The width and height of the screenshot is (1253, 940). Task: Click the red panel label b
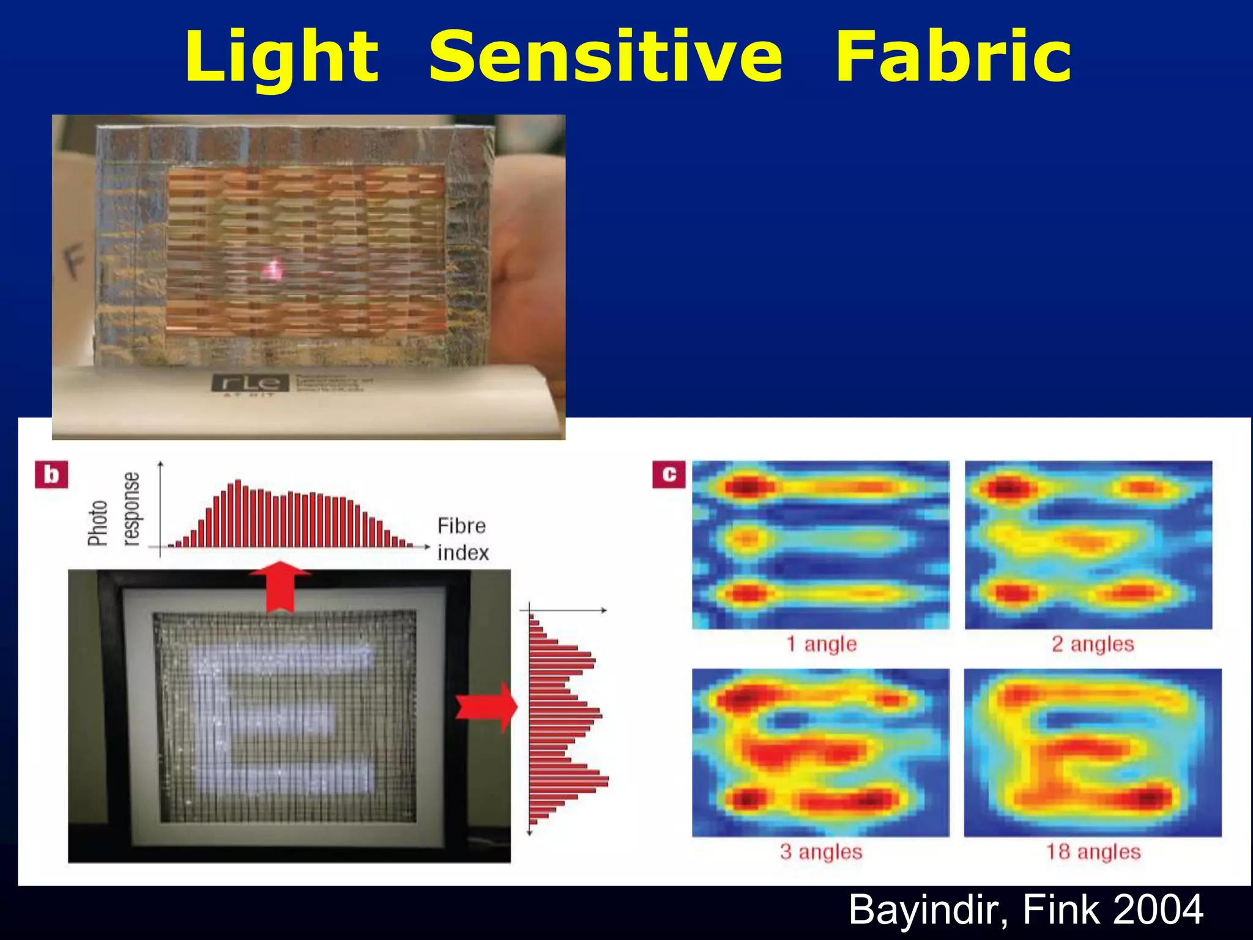pos(52,476)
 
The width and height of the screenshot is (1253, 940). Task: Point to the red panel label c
pos(669,474)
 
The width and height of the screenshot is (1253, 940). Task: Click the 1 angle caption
pos(821,644)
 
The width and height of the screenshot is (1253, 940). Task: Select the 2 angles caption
pos(1093,644)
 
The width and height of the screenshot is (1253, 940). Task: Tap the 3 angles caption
pos(821,851)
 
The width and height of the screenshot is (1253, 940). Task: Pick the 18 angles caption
pos(1093,851)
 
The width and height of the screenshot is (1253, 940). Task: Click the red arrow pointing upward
pos(280,586)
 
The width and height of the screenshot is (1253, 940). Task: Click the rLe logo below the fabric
pos(250,384)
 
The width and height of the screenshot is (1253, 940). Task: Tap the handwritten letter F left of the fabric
pos(73,264)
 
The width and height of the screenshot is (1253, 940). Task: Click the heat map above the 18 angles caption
pos(1093,753)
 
